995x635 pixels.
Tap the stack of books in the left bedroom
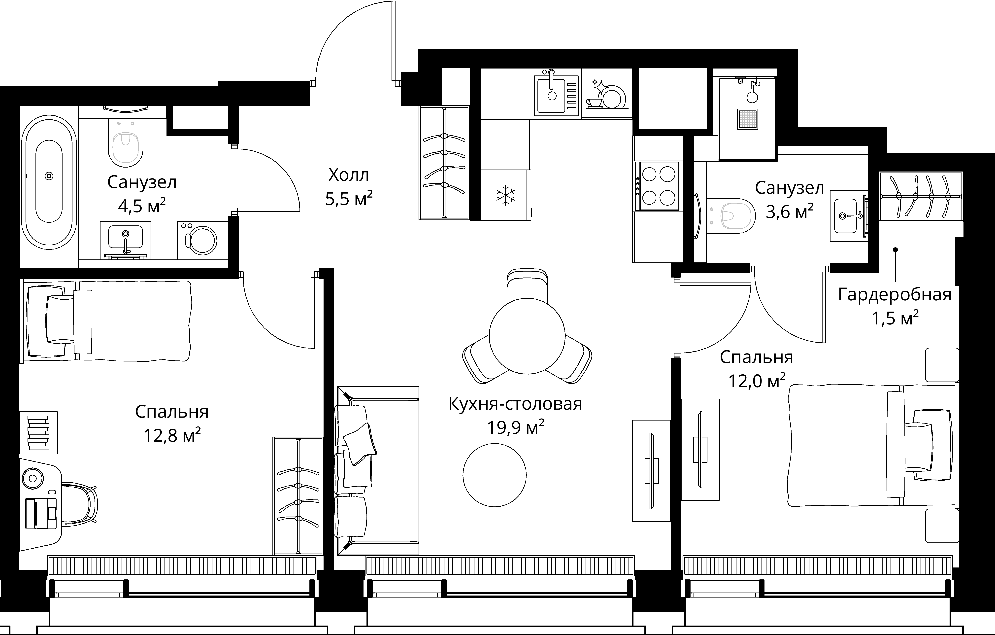point(38,432)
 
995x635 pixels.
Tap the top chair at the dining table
point(527,285)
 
